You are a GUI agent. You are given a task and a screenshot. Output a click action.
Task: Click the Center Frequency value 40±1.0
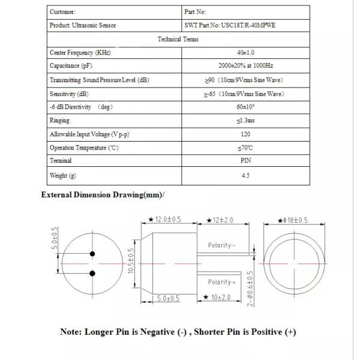coord(245,53)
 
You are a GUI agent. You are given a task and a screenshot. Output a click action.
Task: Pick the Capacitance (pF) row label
coord(71,66)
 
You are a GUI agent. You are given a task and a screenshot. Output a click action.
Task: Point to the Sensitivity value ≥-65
coord(245,94)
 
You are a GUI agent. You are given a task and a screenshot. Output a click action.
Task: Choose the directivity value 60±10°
coord(245,107)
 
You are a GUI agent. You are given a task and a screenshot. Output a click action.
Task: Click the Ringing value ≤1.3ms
coord(245,121)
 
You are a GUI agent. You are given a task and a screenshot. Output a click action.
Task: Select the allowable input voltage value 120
coord(245,134)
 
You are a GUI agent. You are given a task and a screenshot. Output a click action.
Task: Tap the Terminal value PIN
coord(245,161)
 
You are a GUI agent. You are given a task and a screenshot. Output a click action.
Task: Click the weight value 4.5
coord(245,176)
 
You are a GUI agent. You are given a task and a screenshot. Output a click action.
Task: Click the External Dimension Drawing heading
coord(102,195)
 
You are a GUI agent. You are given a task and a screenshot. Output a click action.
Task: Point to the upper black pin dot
coord(92,253)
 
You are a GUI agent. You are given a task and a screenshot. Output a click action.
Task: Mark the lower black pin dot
coord(92,274)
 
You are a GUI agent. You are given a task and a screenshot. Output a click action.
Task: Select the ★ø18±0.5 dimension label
coord(287,220)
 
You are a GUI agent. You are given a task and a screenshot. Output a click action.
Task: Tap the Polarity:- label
coord(222,245)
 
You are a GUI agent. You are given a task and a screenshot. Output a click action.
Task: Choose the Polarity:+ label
coord(222,282)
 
